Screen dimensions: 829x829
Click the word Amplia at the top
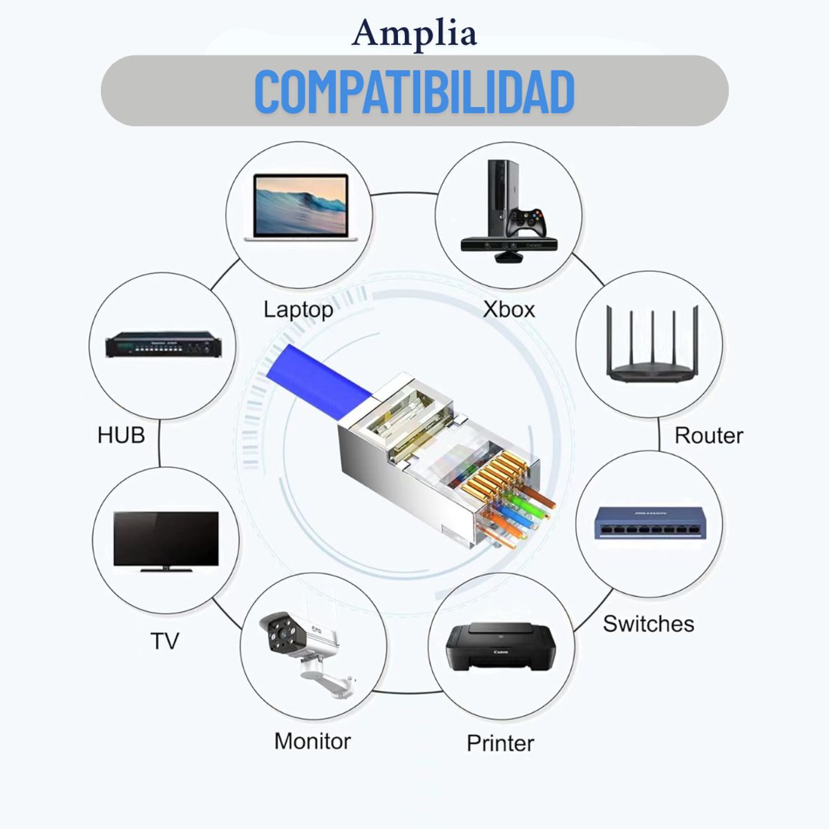pyautogui.click(x=414, y=33)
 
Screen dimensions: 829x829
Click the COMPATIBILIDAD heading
pyautogui.click(x=414, y=91)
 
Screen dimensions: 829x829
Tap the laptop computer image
pyautogui.click(x=300, y=206)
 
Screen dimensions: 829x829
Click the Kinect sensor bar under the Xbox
pyautogui.click(x=509, y=246)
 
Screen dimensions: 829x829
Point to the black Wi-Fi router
pyautogui.click(x=651, y=345)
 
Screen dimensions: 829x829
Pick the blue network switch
pyautogui.click(x=649, y=523)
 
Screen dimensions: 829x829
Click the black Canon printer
pyautogui.click(x=501, y=647)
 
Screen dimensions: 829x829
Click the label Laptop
pyautogui.click(x=298, y=309)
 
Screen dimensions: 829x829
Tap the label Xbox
pyautogui.click(x=508, y=309)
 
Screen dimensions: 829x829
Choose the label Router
pyautogui.click(x=708, y=435)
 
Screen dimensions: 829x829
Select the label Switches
pyautogui.click(x=648, y=623)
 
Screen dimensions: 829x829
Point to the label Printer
pyautogui.click(x=500, y=743)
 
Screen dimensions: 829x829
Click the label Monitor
pyautogui.click(x=312, y=741)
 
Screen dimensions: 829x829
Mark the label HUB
pyautogui.click(x=121, y=435)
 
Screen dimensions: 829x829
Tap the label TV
pyautogui.click(x=164, y=640)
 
